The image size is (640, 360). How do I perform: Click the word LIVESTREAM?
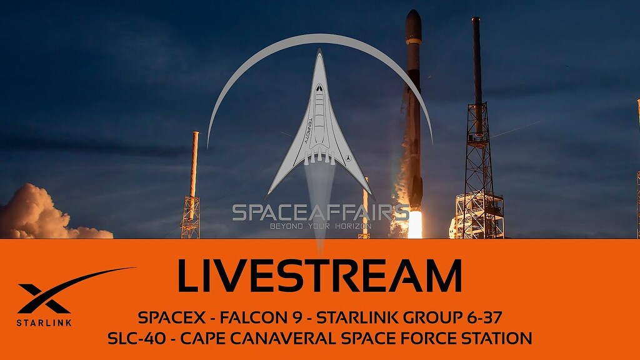(x=319, y=276)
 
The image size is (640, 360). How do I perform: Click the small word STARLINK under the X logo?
(x=44, y=322)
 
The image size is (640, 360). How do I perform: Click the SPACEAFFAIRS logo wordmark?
(x=321, y=212)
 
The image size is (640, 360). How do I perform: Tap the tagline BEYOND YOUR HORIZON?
(x=320, y=226)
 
